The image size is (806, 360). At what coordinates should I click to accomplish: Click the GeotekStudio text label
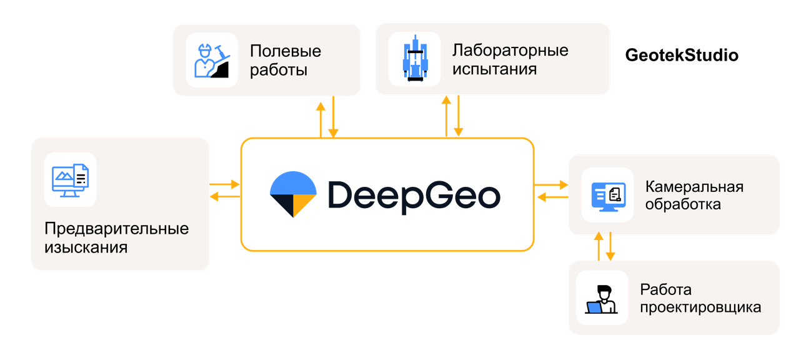682,56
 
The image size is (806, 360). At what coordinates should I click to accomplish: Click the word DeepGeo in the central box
414,194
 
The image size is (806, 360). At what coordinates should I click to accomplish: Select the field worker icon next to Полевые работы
212,60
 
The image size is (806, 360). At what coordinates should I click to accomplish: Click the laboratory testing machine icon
414,60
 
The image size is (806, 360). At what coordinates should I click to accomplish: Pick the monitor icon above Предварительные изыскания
70,179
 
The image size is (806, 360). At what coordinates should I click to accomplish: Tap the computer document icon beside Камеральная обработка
607,195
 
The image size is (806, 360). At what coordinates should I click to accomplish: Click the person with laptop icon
602,298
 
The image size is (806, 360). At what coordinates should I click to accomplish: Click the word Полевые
285,51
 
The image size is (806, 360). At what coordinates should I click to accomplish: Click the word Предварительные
116,228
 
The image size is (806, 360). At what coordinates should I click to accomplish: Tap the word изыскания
86,247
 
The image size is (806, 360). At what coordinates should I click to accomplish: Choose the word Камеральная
694,186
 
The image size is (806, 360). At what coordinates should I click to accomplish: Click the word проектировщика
700,307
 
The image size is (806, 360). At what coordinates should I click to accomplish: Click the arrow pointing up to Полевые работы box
321,119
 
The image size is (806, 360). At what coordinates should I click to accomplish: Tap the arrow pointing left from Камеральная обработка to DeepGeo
552,197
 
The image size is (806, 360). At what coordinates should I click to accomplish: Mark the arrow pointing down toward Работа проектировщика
610,246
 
